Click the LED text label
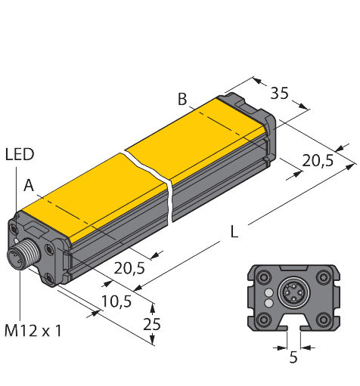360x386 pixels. click(20, 155)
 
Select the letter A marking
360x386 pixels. click(28, 184)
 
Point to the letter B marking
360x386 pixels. click(182, 98)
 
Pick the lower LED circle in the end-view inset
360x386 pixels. click(267, 303)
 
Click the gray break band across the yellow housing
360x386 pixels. click(154, 181)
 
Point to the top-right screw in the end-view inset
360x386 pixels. click(322, 277)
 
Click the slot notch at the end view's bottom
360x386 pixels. click(292, 326)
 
